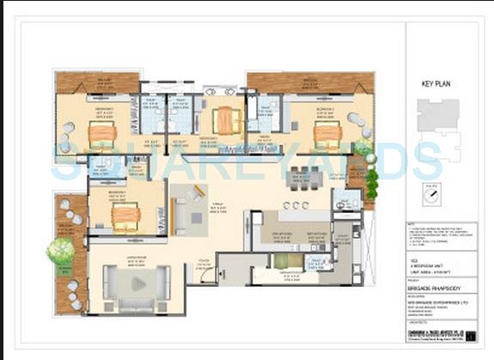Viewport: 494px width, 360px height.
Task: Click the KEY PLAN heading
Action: (436, 84)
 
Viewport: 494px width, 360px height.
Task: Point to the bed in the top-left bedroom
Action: (101, 133)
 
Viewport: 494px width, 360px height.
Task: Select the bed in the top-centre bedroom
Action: (227, 120)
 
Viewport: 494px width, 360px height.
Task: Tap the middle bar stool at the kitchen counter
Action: (296, 205)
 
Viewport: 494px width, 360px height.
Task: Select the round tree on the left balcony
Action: (61, 251)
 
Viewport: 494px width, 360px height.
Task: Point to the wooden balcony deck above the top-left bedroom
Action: (98, 82)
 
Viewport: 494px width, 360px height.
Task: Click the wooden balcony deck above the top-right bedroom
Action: (309, 82)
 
